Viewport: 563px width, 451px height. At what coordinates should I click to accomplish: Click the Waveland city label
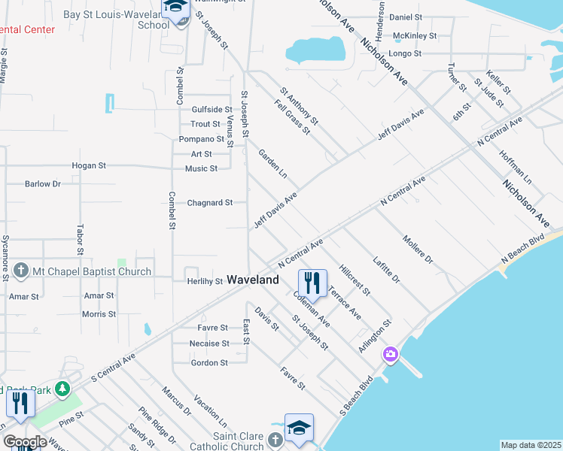pos(253,279)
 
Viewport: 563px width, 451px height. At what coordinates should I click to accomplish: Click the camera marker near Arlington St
pos(390,353)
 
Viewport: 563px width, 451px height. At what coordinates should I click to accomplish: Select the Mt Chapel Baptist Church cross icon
pos(21,271)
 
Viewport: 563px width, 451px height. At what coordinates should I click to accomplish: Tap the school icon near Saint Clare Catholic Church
pos(299,428)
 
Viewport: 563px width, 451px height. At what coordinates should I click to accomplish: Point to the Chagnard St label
pos(210,202)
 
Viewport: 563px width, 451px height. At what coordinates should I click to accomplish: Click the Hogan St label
pos(89,165)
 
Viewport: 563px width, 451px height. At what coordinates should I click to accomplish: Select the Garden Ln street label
pos(273,163)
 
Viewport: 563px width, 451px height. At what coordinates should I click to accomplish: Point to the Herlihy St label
pos(205,282)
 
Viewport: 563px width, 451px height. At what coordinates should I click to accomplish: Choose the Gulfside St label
pos(212,109)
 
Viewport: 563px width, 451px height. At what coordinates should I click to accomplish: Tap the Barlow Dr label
pos(42,183)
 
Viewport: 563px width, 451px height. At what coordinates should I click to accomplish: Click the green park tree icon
pos(64,389)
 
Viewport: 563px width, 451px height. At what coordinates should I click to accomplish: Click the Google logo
pos(25,442)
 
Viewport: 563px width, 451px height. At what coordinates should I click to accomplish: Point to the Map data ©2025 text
pos(530,445)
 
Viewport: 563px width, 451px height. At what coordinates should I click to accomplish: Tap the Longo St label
pos(406,54)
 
